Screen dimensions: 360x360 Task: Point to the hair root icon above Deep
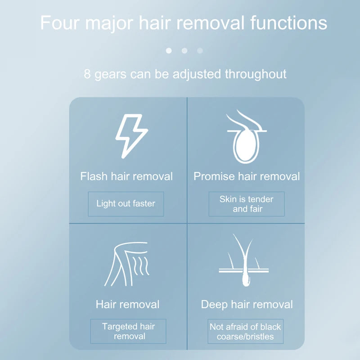(244, 261)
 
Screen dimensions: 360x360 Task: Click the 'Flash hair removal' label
(126, 176)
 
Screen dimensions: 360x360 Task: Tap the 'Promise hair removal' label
(247, 176)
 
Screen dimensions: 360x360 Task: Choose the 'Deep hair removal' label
(247, 304)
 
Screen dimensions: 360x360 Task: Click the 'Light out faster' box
(126, 203)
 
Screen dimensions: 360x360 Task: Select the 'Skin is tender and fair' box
(247, 204)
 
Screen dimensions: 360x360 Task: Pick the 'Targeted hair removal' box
(128, 331)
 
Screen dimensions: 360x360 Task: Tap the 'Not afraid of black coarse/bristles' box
(245, 332)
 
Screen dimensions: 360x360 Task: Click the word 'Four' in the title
(60, 22)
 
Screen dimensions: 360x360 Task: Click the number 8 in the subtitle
(87, 73)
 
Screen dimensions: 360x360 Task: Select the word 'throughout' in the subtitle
(256, 73)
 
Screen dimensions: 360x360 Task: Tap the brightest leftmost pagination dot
(169, 50)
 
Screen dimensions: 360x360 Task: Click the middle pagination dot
(184, 50)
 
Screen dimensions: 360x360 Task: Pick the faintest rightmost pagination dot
(200, 50)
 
